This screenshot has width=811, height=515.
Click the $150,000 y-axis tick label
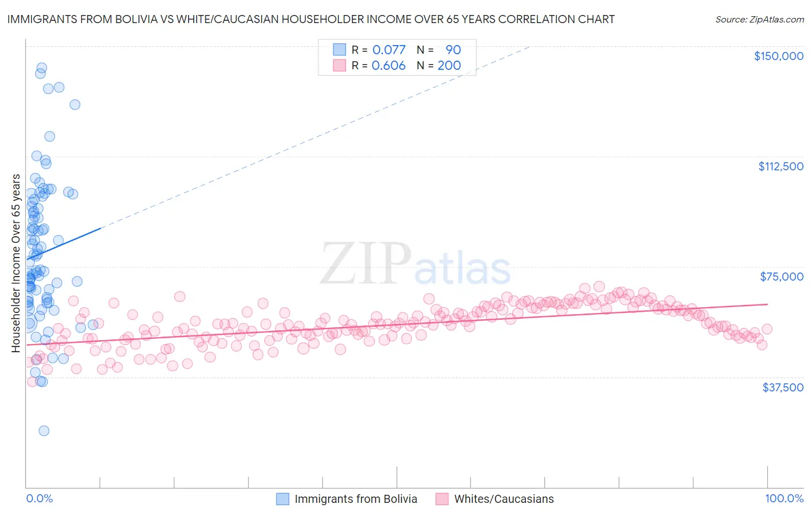[778, 56]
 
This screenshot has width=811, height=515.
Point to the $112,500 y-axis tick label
[780, 166]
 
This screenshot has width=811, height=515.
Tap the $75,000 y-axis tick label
[782, 277]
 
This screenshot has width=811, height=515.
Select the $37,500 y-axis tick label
[782, 387]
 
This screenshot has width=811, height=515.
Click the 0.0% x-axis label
[39, 499]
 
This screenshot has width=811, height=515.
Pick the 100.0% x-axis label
[784, 499]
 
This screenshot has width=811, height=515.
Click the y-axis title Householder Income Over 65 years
[16, 263]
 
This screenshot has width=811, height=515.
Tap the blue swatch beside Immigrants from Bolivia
[283, 499]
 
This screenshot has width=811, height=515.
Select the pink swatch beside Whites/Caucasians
[442, 499]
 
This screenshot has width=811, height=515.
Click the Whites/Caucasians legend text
[504, 499]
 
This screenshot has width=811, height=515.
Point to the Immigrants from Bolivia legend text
[355, 499]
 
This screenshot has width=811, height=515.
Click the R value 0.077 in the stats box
[389, 50]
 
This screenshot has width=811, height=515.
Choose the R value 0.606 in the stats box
[389, 65]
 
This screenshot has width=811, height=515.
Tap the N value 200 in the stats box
[449, 65]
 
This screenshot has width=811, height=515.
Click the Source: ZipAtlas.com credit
[759, 19]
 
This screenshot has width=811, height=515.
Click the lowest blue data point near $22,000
[44, 431]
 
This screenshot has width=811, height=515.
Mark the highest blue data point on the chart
[42, 68]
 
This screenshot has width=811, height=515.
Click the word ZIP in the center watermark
[366, 264]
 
